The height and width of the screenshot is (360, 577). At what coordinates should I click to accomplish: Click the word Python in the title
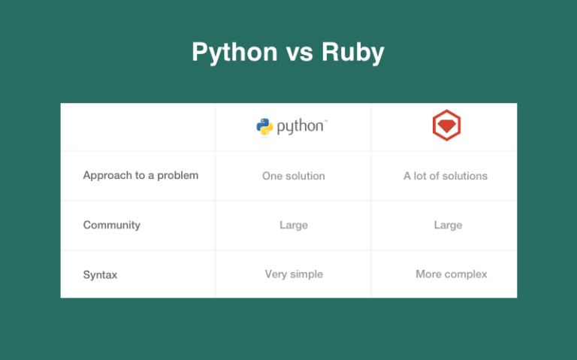pyautogui.click(x=234, y=53)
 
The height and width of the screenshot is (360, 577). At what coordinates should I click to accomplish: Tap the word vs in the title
pyautogui.click(x=300, y=53)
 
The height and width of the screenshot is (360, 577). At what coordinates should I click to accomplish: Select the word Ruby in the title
pyautogui.click(x=353, y=53)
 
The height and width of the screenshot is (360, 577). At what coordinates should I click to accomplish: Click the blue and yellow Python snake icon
pyautogui.click(x=264, y=127)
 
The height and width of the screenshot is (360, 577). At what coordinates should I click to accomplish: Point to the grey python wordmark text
pyautogui.click(x=302, y=127)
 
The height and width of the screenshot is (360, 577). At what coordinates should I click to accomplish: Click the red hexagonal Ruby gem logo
pyautogui.click(x=446, y=126)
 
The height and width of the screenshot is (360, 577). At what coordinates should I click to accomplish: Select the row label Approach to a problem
pyautogui.click(x=140, y=176)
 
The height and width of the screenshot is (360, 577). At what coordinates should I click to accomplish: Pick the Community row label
pyautogui.click(x=111, y=225)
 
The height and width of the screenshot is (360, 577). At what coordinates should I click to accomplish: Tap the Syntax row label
pyautogui.click(x=100, y=274)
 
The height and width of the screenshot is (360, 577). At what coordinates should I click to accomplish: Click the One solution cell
pyautogui.click(x=293, y=176)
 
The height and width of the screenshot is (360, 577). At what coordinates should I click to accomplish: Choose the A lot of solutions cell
pyautogui.click(x=446, y=176)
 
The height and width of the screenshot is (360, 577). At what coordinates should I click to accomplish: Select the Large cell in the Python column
pyautogui.click(x=294, y=225)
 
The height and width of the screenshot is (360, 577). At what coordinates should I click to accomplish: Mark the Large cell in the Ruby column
pyautogui.click(x=448, y=225)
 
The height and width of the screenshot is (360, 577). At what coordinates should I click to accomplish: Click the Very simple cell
pyautogui.click(x=294, y=274)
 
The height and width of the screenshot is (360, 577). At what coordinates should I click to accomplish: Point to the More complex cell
pyautogui.click(x=451, y=274)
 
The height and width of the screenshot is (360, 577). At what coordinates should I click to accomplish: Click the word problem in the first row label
pyautogui.click(x=178, y=176)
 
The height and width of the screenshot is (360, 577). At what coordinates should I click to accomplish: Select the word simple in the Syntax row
pyautogui.click(x=307, y=274)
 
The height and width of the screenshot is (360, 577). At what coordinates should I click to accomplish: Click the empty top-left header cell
pyautogui.click(x=137, y=126)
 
